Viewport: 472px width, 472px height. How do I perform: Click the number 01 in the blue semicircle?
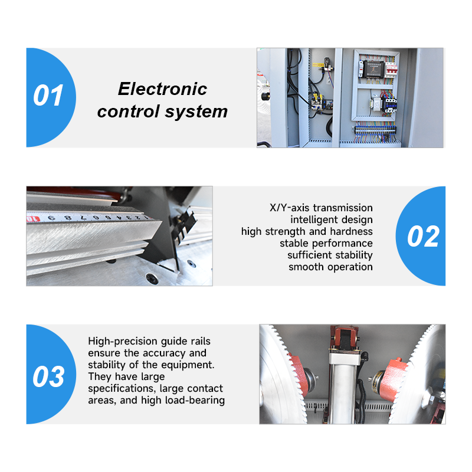(x=48, y=96)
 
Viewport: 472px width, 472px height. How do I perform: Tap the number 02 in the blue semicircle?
(x=423, y=237)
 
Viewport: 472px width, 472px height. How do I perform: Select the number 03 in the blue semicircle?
(x=48, y=376)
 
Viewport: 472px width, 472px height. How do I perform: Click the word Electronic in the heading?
(x=163, y=89)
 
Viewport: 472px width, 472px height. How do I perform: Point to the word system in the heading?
(x=196, y=112)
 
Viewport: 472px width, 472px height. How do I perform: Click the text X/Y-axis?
(x=290, y=208)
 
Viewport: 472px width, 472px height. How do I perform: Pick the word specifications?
(x=122, y=389)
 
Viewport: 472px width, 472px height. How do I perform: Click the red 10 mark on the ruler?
(x=33, y=218)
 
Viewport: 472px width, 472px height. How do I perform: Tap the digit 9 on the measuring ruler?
(x=51, y=218)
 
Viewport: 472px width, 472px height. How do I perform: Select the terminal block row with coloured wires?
(x=375, y=130)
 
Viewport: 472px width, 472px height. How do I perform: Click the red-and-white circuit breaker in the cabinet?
(x=391, y=70)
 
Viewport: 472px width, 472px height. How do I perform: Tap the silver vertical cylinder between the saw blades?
(x=342, y=388)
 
